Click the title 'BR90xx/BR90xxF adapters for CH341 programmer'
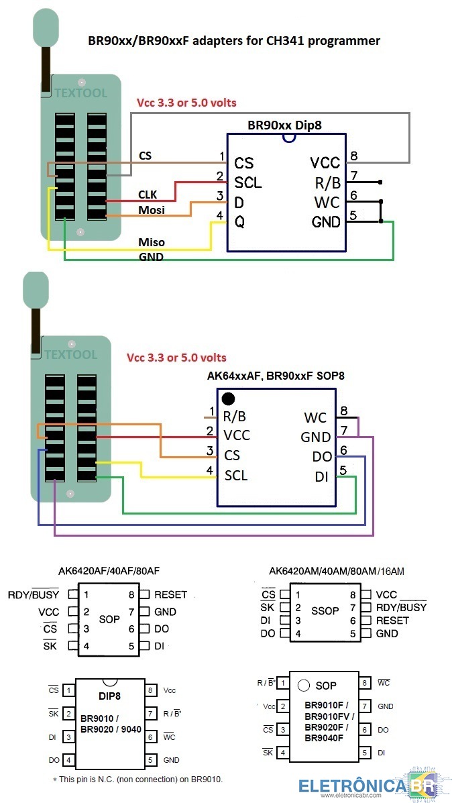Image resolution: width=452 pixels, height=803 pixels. [x=234, y=41]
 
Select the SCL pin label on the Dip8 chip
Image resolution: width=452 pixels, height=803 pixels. [x=247, y=182]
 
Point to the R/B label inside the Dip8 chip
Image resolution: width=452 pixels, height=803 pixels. [x=327, y=182]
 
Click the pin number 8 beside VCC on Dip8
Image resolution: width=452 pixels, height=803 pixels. [x=353, y=156]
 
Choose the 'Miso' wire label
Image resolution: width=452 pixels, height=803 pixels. [x=152, y=242]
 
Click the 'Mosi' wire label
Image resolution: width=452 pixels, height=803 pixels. [x=152, y=210]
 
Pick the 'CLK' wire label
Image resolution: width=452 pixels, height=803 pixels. [x=148, y=195]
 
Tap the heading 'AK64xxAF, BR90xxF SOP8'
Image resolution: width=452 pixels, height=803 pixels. [x=276, y=376]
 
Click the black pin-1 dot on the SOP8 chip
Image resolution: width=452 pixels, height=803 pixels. [x=228, y=399]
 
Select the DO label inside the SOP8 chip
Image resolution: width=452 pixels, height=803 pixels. [x=321, y=456]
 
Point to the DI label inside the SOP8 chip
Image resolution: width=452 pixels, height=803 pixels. [x=322, y=476]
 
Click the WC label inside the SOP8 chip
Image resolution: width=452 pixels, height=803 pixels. [x=315, y=417]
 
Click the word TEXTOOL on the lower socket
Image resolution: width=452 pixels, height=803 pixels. [x=71, y=354]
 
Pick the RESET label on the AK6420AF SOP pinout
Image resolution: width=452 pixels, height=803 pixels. [x=170, y=594]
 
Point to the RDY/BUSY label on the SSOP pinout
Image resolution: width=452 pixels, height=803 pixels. [x=401, y=607]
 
